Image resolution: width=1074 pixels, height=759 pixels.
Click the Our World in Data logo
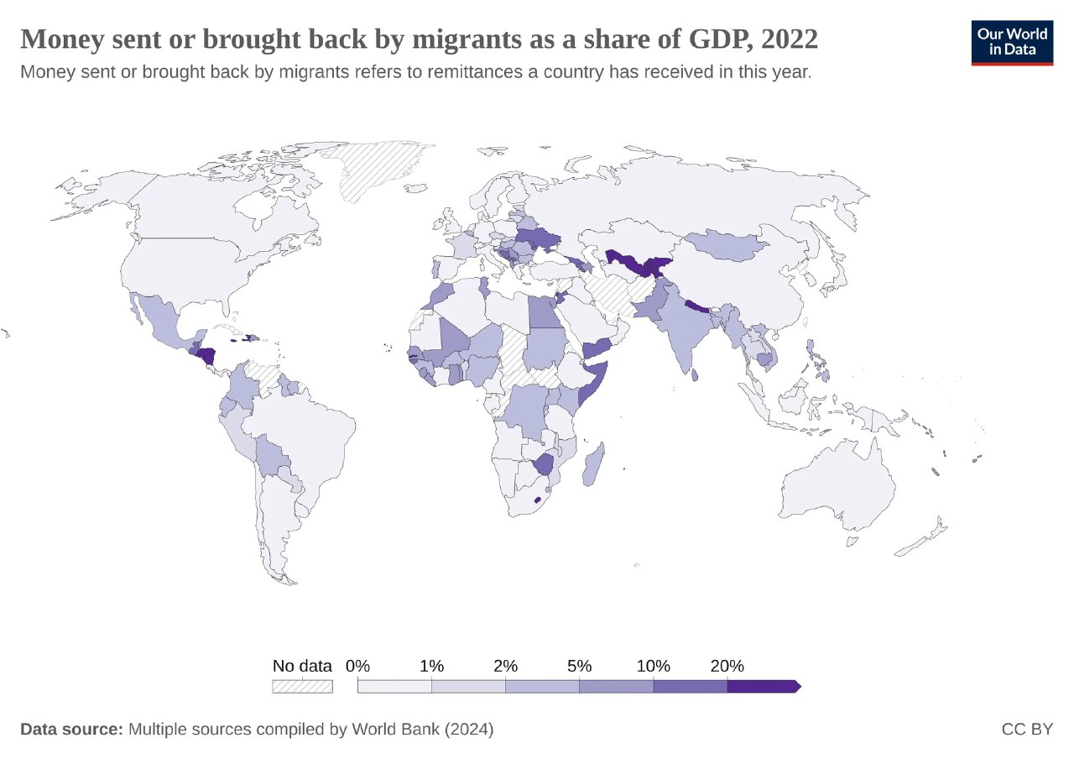tap(1012, 43)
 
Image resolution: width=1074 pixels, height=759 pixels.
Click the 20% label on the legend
tap(727, 666)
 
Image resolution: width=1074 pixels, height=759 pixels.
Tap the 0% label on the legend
tap(358, 666)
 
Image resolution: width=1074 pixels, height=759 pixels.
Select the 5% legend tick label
tap(579, 666)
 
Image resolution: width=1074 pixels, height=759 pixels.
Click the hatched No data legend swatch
tap(302, 686)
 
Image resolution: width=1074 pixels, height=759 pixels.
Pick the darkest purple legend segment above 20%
tap(762, 686)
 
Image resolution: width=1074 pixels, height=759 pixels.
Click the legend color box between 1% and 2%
tap(468, 686)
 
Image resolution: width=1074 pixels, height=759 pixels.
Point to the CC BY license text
tap(1027, 729)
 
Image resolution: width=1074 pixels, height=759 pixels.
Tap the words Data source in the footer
tap(71, 729)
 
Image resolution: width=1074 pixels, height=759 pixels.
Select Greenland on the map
tap(373, 168)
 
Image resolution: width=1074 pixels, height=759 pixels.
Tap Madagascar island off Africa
tap(592, 466)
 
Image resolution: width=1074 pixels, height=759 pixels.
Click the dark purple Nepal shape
tap(697, 306)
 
